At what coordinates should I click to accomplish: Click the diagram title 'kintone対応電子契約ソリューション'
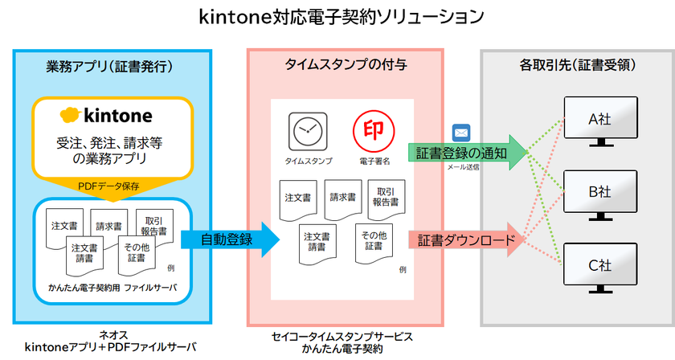(337, 16)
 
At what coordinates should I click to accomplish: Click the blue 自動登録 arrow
(228, 239)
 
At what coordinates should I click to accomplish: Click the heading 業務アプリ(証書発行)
(112, 65)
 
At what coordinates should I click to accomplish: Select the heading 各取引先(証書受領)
(576, 65)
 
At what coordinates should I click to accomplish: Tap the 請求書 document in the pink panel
(344, 199)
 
